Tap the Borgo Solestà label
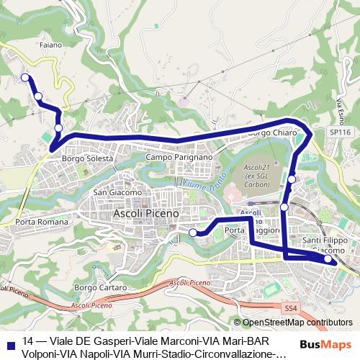88,158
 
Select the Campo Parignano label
179,157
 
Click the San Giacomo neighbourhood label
115,192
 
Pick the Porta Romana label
41,222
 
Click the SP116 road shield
340,133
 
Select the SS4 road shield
290,308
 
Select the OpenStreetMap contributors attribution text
297,323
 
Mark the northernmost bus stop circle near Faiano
24,78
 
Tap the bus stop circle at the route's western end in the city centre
193,232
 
